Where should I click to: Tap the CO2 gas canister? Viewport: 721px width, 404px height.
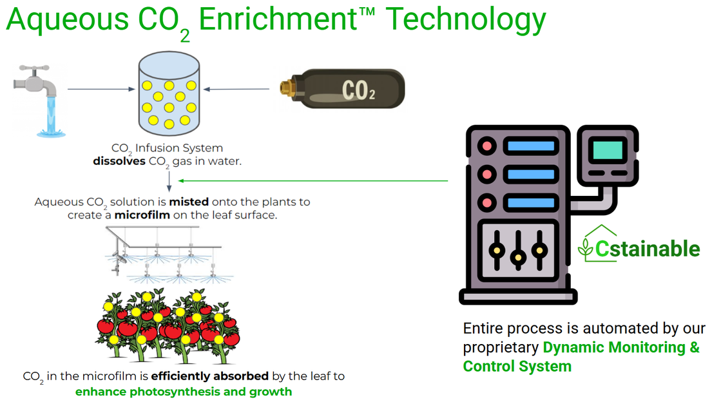pos(342,91)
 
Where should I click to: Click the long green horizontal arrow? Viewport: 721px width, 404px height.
pos(312,181)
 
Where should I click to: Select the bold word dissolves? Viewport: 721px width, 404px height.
pos(119,161)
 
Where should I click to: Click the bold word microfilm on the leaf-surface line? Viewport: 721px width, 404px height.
pos(142,215)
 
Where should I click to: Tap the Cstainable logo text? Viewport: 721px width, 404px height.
pos(647,248)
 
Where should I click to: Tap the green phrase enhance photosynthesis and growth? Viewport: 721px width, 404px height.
pos(184,391)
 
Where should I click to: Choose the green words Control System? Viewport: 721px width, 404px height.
pos(517,367)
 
